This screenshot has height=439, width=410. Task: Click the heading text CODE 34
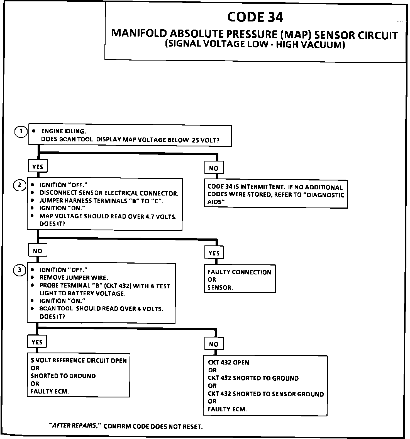[255, 17]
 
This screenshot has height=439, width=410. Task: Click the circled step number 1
[21, 132]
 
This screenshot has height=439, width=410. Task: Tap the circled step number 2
[19, 185]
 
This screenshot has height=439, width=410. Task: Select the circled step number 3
[19, 270]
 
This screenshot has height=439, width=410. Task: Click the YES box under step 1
[38, 167]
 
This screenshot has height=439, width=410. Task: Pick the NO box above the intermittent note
[214, 168]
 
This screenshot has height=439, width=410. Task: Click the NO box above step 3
[37, 251]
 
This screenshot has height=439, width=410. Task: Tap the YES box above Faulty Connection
[214, 253]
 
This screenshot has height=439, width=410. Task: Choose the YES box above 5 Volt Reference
[37, 342]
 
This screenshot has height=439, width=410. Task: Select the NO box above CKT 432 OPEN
[214, 344]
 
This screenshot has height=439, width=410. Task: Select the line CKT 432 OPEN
[228, 363]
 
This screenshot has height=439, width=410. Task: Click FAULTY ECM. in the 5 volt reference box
[50, 391]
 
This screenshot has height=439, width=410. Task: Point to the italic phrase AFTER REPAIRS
[75, 426]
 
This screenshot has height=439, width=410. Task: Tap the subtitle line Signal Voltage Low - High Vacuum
[255, 45]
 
